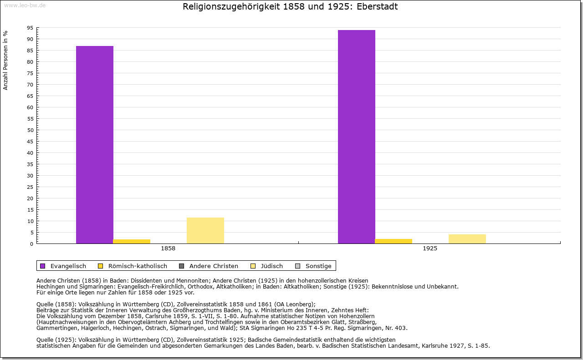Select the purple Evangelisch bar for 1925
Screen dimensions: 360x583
click(357, 137)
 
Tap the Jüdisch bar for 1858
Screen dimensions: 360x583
click(205, 230)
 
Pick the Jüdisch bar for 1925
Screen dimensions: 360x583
click(467, 239)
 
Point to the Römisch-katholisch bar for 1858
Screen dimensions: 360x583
click(132, 241)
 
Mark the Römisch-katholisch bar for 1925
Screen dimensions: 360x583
click(394, 241)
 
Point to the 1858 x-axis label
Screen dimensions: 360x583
click(168, 249)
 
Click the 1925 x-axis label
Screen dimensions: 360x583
click(430, 249)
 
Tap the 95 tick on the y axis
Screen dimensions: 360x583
click(30, 28)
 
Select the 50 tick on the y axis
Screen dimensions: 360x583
click(30, 130)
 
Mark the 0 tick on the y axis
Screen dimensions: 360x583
click(31, 244)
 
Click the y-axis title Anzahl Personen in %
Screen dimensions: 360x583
click(5, 60)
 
